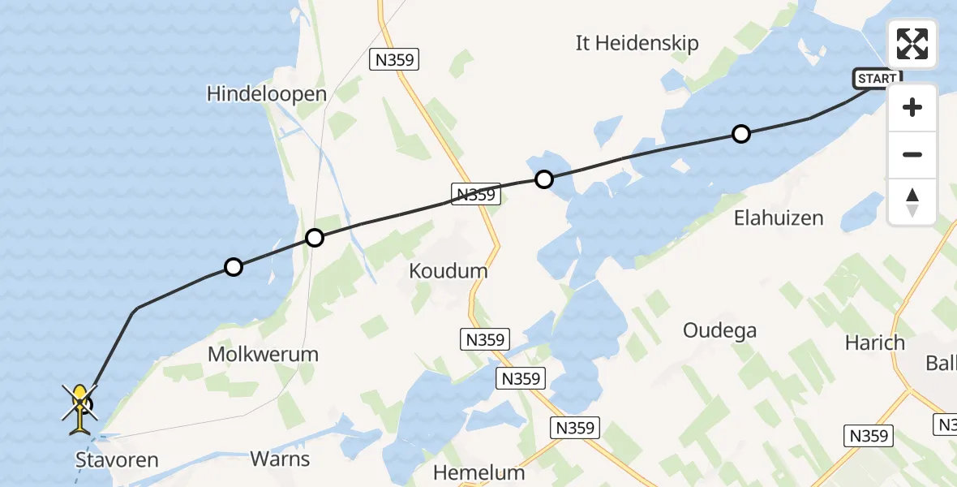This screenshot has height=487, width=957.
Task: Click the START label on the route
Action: [x=877, y=79]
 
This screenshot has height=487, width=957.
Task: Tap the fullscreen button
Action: [x=912, y=44]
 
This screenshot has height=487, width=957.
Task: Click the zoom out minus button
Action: [x=912, y=154]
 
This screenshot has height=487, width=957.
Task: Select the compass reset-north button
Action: [x=912, y=202]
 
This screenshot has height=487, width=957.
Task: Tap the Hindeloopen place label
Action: [x=267, y=94]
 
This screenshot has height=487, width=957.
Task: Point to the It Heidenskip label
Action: [x=637, y=43]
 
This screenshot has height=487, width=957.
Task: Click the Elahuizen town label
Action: [x=779, y=218]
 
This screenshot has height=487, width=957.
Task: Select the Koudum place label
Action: [x=449, y=271]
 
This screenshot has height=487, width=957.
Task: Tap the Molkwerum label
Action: [x=263, y=354]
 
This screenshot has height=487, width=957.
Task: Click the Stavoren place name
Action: [x=117, y=461]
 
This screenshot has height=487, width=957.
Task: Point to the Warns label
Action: [x=280, y=459]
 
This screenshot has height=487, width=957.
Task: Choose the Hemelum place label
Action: [x=478, y=472]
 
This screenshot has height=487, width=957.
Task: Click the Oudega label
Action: [x=719, y=330]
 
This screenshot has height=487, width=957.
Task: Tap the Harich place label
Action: [x=874, y=343]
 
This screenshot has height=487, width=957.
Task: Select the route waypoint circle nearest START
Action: [x=740, y=134]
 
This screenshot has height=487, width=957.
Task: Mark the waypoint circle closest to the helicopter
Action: [x=233, y=266]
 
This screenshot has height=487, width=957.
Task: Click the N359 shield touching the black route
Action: [x=474, y=194]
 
